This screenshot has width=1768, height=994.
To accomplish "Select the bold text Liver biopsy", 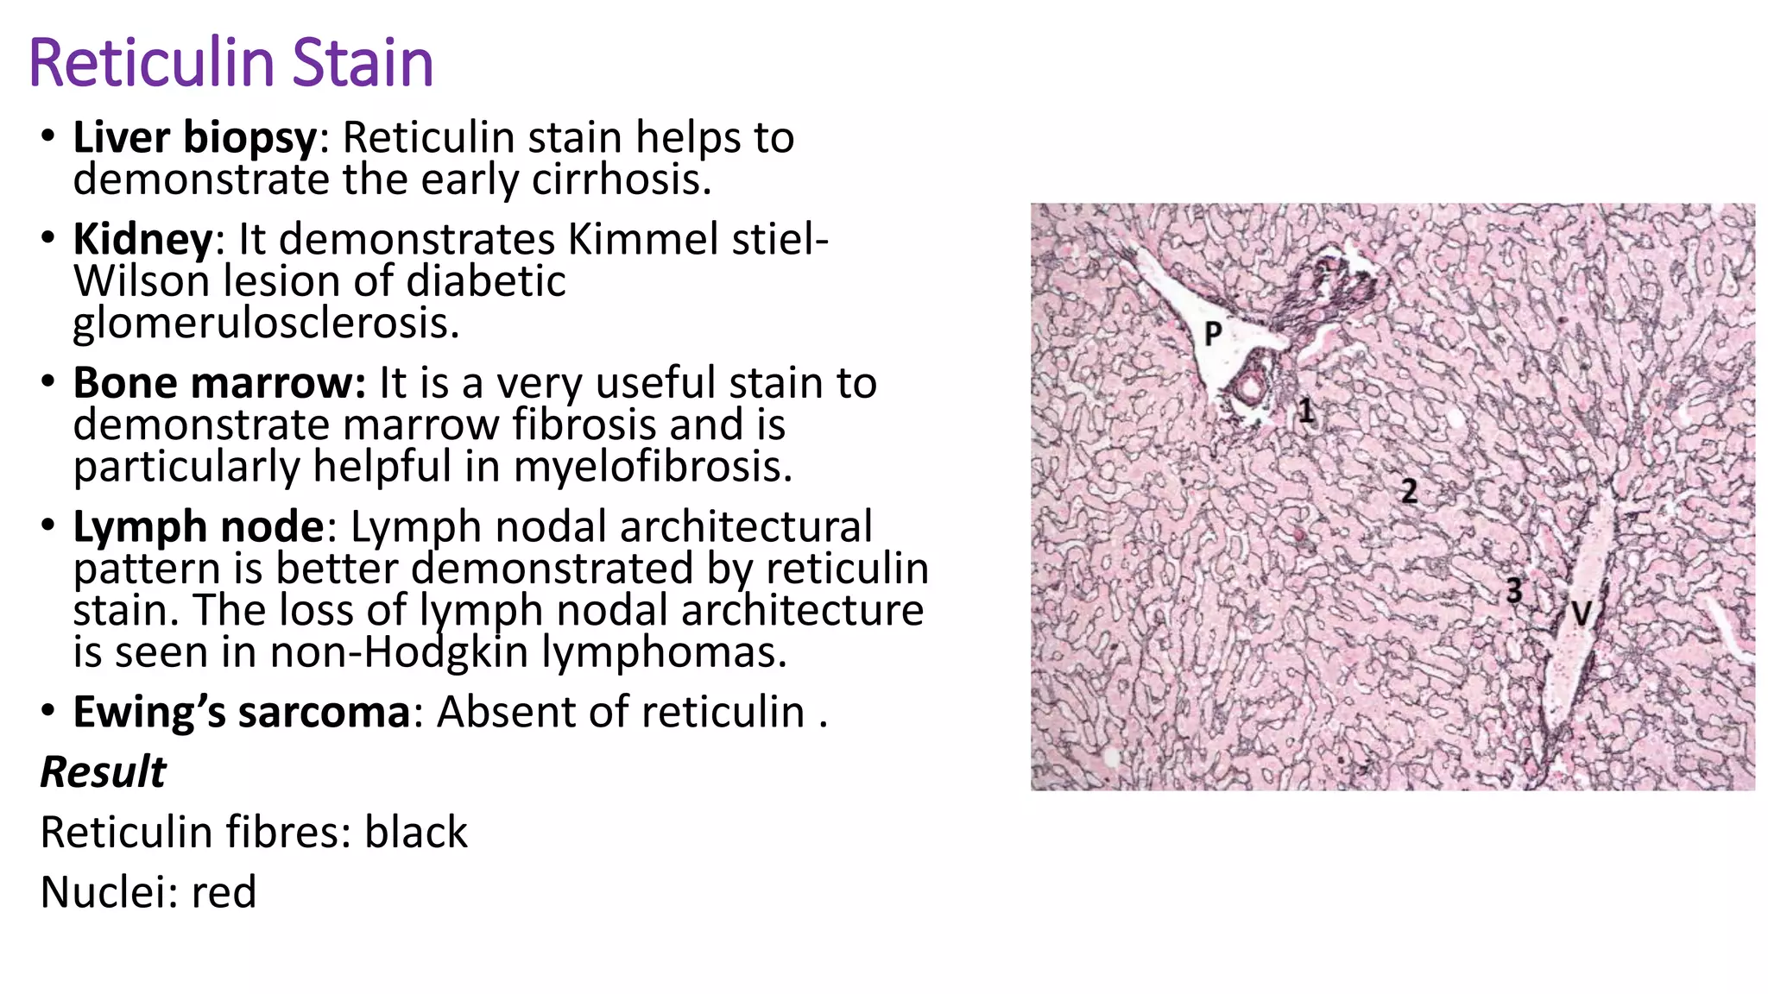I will click(x=195, y=138).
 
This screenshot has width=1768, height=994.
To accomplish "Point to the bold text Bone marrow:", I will click(x=219, y=383).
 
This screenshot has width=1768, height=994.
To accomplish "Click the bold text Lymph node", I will click(x=198, y=527).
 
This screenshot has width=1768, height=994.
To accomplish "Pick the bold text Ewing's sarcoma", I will click(x=241, y=713).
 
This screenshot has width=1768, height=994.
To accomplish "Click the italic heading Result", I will click(x=103, y=771).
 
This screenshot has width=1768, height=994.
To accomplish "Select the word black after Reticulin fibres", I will click(x=415, y=833).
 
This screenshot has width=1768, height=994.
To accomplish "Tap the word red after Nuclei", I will click(x=224, y=892).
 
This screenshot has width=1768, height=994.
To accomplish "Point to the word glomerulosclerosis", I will click(x=266, y=324).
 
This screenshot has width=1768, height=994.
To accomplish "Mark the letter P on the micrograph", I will click(x=1213, y=332).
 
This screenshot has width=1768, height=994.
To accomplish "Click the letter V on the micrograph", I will click(x=1581, y=614).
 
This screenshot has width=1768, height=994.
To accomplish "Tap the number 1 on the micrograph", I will click(x=1306, y=410).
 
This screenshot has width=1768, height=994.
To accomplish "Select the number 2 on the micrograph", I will click(x=1409, y=491).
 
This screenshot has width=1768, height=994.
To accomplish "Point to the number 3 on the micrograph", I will click(x=1513, y=590).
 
